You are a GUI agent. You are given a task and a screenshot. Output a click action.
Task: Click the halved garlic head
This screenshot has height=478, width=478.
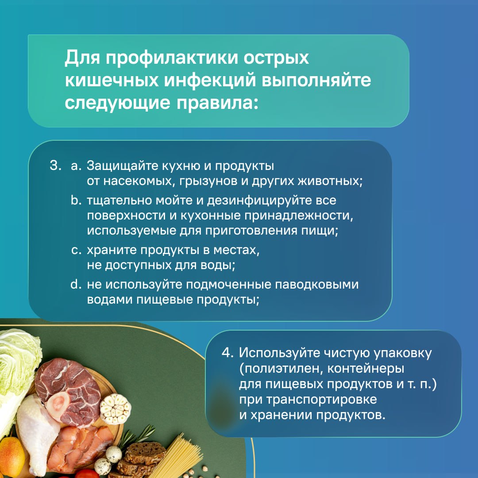click(x=115, y=409)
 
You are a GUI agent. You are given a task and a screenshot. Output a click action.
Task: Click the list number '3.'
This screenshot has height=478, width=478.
click(x=54, y=166)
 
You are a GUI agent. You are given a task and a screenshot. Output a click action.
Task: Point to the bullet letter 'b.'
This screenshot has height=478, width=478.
click(x=77, y=200)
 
